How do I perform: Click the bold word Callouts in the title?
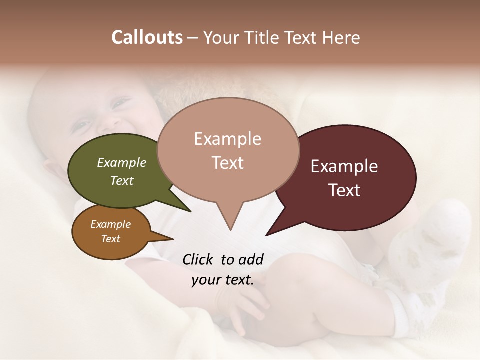147,37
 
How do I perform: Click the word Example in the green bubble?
121,162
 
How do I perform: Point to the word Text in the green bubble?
121,180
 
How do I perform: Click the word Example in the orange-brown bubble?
110,224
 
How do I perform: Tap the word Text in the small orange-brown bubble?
110,239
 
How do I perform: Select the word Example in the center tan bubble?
227,139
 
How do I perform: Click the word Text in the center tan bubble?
227,162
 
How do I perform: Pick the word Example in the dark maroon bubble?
344,166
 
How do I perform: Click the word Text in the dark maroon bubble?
344,190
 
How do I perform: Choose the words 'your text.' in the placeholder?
223,280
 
